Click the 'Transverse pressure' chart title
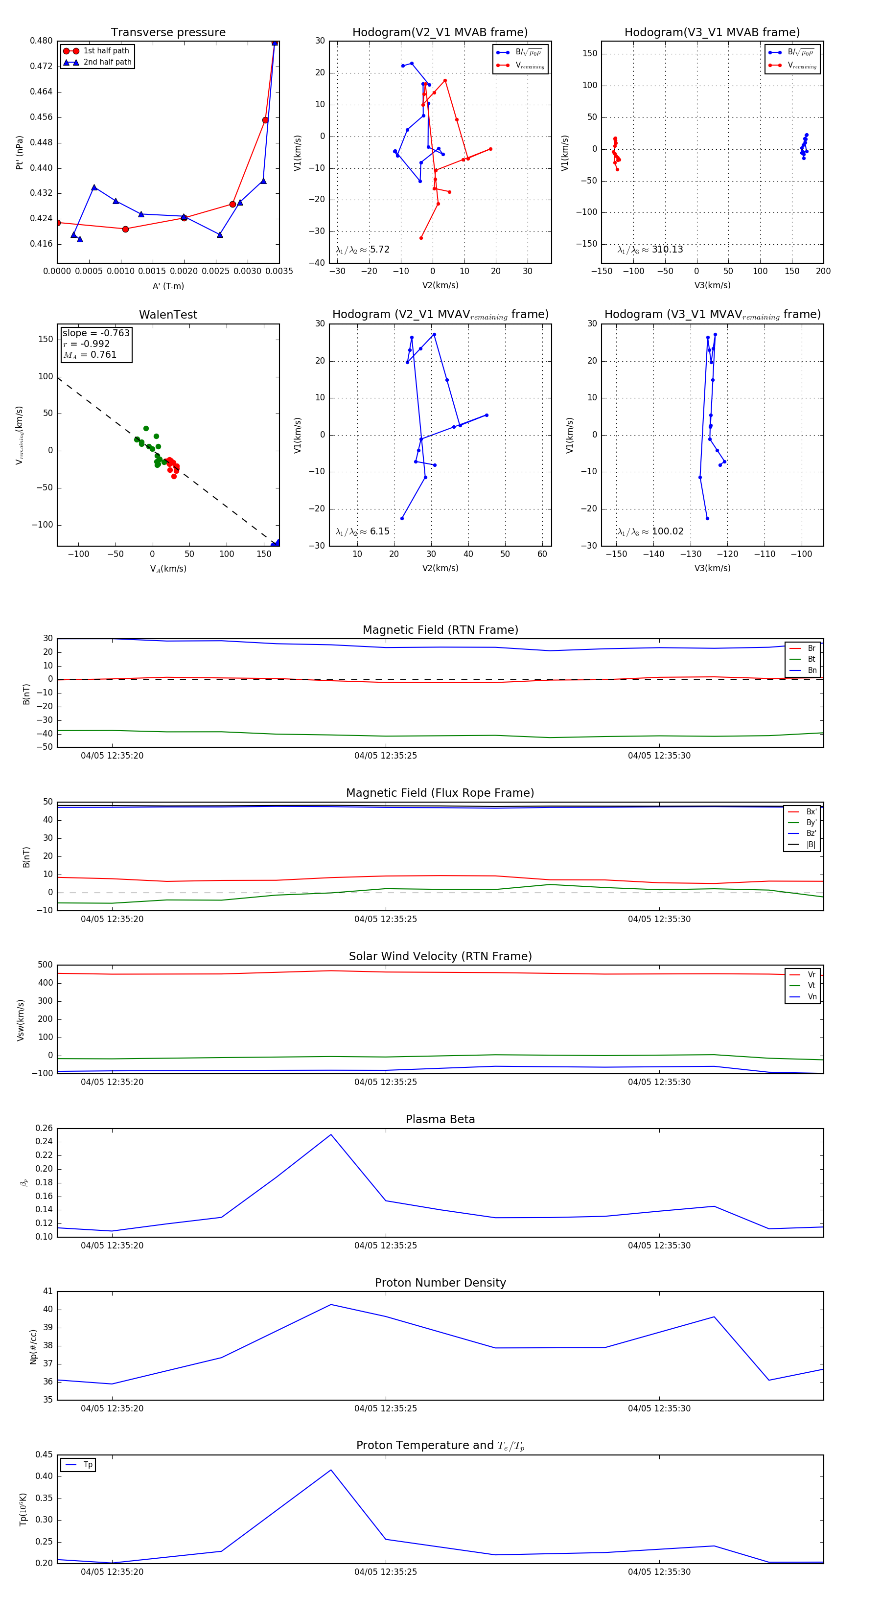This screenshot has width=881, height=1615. [168, 33]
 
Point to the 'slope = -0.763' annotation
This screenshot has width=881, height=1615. [96, 333]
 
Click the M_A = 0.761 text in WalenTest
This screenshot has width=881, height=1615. [90, 355]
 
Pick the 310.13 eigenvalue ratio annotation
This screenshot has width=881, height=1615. [650, 250]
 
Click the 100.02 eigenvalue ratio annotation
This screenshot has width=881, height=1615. [650, 531]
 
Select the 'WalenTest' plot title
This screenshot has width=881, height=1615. [168, 315]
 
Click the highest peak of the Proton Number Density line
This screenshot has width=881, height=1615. [331, 1304]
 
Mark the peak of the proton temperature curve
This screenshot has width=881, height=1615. [331, 1470]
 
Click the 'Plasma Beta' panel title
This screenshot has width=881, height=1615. [440, 1119]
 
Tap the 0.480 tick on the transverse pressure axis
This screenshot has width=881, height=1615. [42, 41]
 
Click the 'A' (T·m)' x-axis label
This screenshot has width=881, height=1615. [168, 286]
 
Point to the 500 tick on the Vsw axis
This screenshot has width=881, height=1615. [45, 965]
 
